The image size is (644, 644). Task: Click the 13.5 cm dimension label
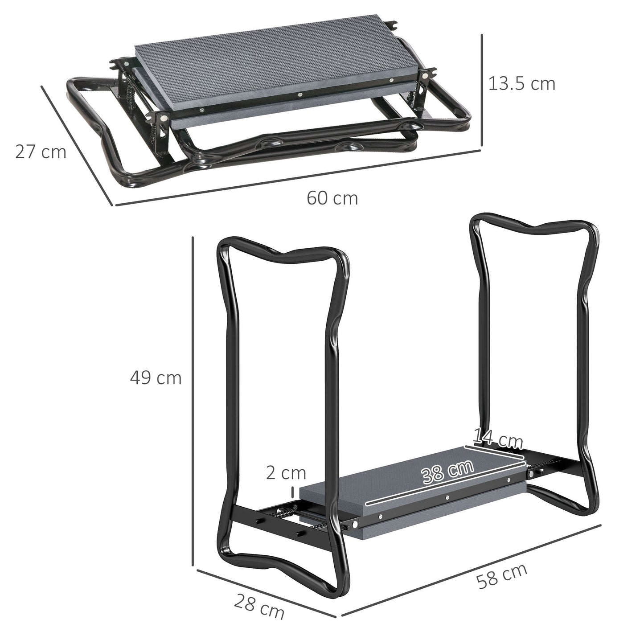point(522,83)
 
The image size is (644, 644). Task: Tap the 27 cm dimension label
point(41,152)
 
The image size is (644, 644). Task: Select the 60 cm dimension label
point(332,198)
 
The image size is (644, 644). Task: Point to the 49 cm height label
point(156,378)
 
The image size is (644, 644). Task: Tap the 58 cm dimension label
point(501,576)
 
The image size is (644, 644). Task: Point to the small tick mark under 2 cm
point(293,492)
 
